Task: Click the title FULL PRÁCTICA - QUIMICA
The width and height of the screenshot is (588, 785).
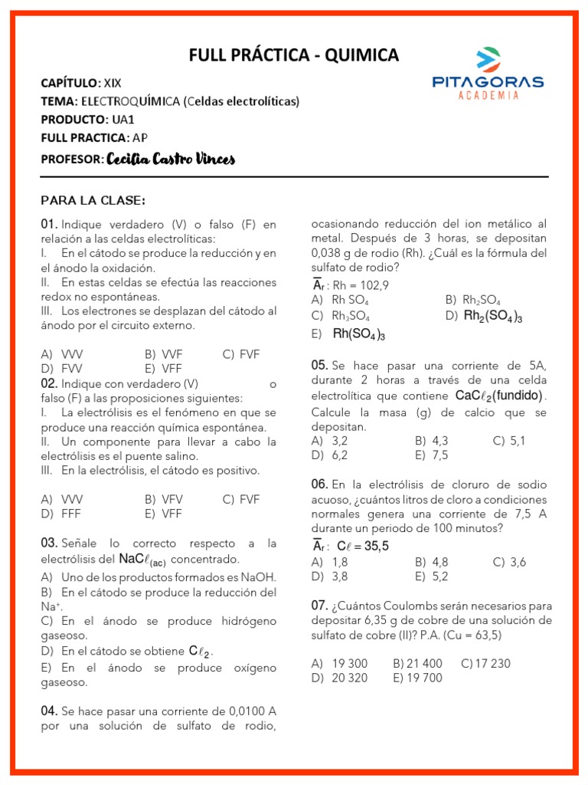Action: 294,55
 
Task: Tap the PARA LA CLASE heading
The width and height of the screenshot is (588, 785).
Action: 93,201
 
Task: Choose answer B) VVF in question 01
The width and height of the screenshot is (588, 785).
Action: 162,354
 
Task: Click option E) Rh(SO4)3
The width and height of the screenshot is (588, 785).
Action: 349,334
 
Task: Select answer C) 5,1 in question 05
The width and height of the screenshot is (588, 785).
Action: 509,441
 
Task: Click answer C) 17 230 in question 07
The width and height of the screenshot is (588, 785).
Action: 486,663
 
